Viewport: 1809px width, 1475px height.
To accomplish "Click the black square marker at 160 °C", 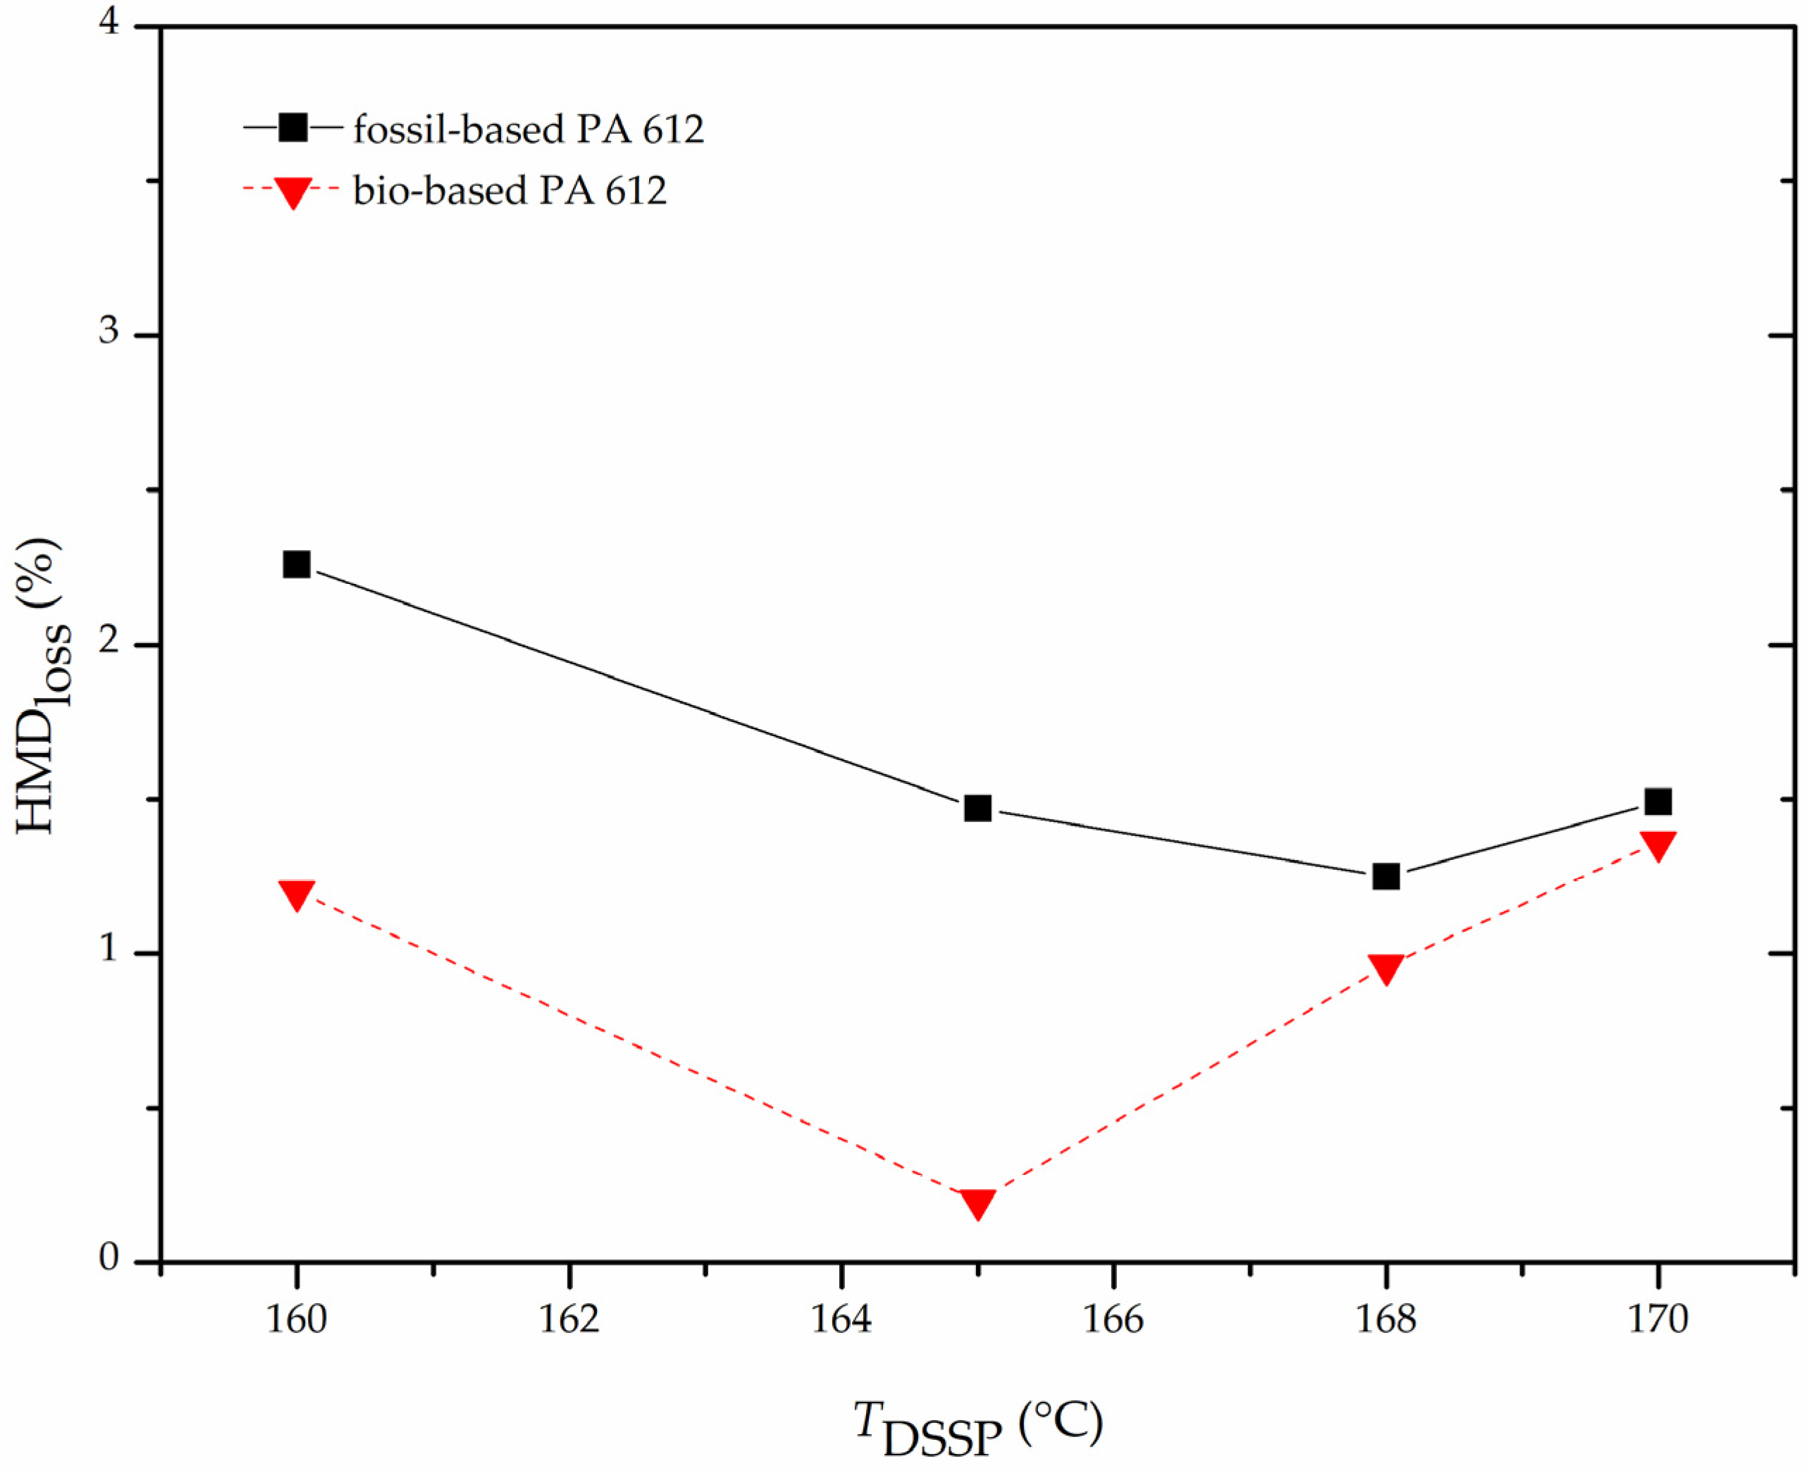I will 296,564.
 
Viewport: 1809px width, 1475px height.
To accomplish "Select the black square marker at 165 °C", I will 977,807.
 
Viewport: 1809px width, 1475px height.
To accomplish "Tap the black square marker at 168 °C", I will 1385,876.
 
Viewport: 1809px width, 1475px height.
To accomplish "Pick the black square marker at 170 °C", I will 1657,801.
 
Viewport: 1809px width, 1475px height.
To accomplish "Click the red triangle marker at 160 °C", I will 296,894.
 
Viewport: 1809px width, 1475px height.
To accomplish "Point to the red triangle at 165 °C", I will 977,1202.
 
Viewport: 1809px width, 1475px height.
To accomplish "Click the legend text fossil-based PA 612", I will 528,130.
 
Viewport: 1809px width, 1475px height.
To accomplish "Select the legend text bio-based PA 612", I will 510,191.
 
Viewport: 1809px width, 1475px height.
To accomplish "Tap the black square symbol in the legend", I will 292,128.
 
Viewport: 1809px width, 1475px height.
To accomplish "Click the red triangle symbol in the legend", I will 292,192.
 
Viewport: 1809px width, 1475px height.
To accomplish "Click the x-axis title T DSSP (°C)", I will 977,1427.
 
